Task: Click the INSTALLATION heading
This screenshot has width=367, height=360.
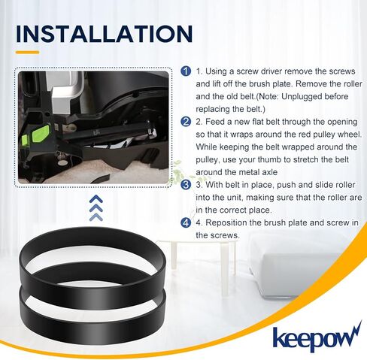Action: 104,35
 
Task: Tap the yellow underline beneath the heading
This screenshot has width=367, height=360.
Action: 27,53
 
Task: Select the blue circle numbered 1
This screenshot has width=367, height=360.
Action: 187,71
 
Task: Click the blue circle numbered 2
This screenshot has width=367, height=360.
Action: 187,121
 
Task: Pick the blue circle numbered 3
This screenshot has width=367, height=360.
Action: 187,184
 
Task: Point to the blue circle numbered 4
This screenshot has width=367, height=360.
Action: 187,222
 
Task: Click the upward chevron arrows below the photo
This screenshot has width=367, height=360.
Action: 96,207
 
